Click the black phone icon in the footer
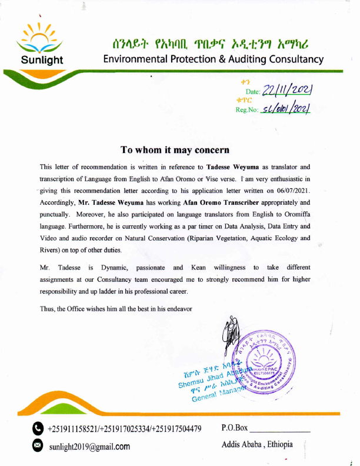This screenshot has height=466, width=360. point(38,428)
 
